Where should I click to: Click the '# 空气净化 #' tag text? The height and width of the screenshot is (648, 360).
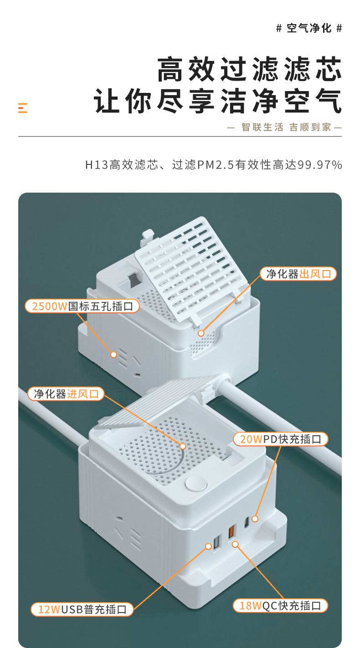309,28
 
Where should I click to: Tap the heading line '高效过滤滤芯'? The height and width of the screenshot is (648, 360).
250,69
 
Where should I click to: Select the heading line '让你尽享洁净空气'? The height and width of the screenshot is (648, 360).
218,101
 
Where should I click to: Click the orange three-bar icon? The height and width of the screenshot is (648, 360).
23,108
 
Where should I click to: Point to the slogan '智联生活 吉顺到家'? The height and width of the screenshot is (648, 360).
286,127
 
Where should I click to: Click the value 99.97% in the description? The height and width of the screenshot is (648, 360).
320,165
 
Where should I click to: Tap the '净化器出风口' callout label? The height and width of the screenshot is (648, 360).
298,274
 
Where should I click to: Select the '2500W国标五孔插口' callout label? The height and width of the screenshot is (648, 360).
82,306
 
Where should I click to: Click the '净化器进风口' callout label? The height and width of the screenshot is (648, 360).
66,394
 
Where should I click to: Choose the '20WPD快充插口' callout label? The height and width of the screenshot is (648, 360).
280,439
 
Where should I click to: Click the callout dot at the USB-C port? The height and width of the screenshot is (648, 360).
255,519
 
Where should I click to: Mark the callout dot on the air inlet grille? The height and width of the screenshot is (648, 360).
183,446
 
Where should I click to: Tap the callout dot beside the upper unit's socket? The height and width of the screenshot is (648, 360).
114,354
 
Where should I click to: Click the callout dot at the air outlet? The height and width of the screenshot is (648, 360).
201,333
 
